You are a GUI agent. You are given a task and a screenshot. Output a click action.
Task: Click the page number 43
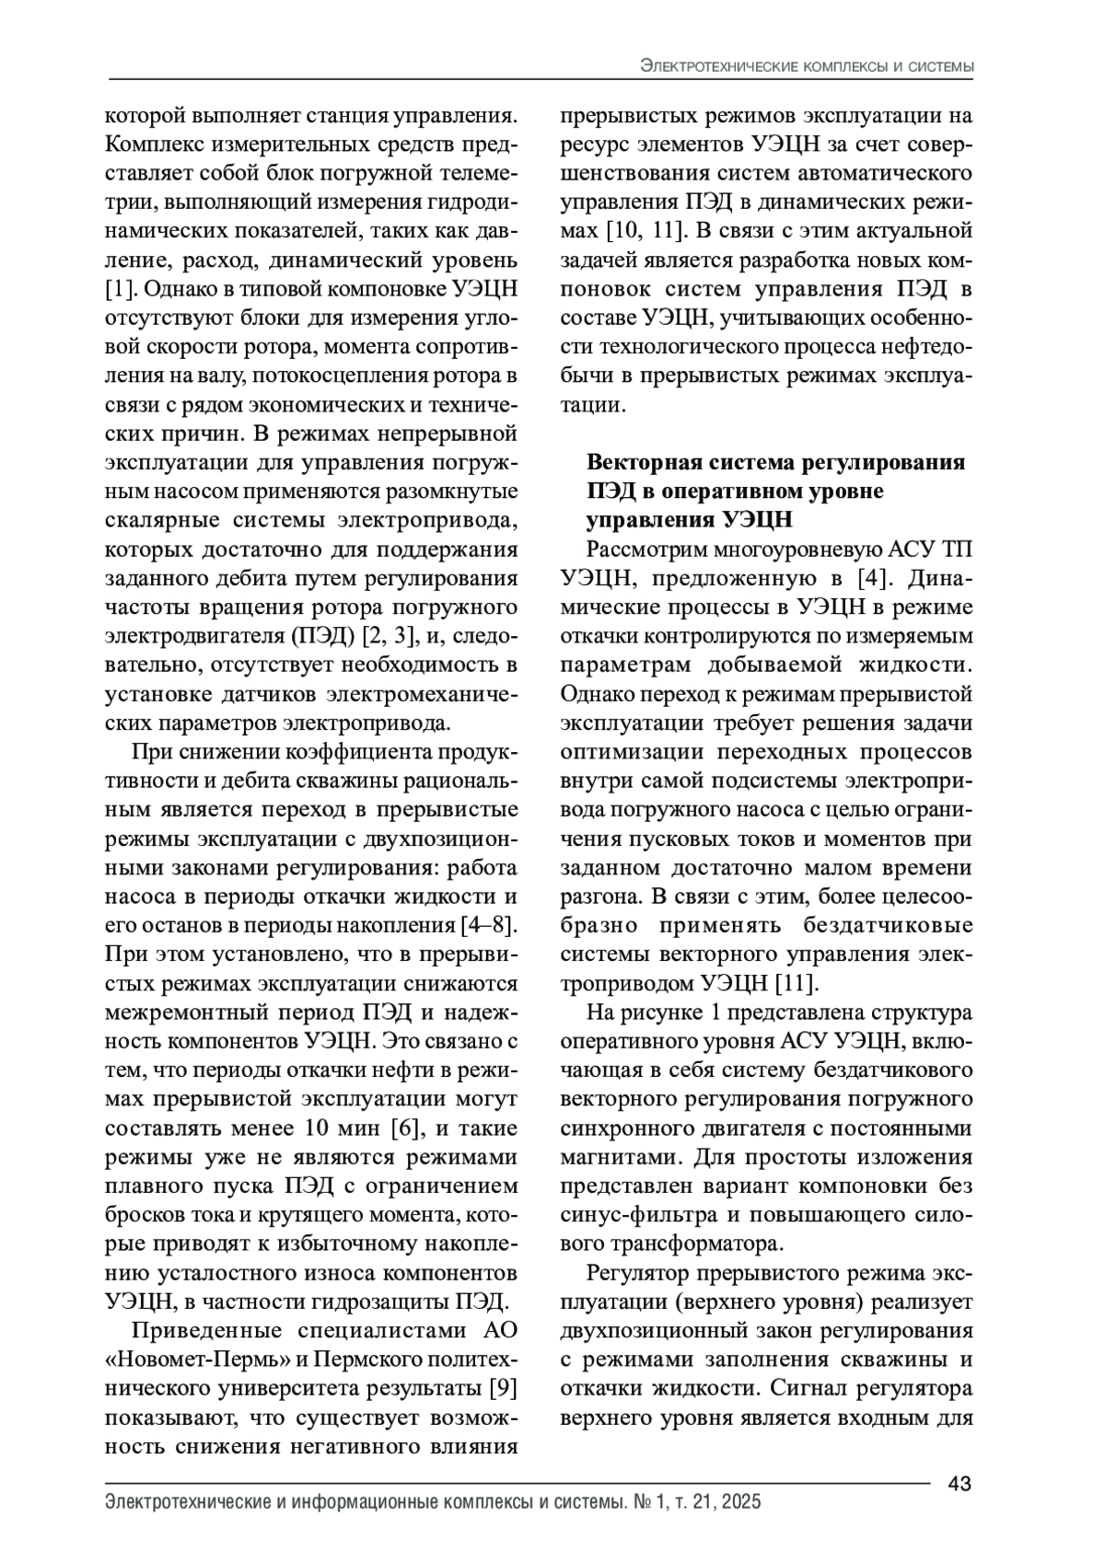pos(960,1483)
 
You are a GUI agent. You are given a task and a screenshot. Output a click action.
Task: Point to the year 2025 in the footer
pos(741,1502)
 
